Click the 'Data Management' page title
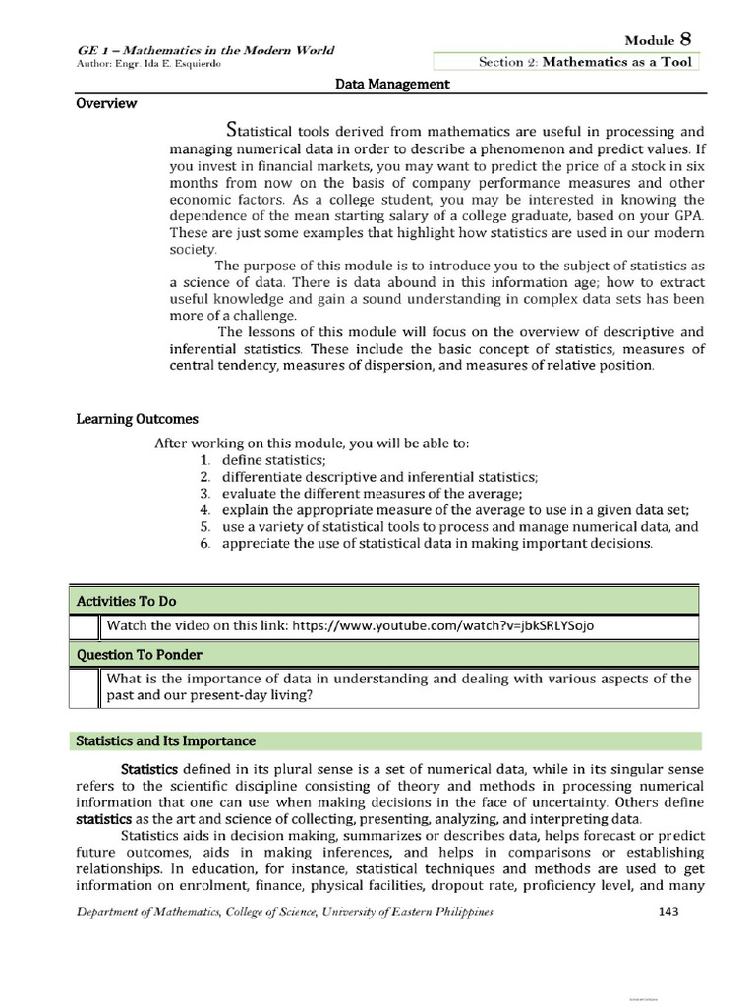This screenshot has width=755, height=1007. [x=392, y=85]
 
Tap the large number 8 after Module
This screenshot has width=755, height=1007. [x=685, y=38]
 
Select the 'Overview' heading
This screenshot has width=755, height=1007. [x=106, y=103]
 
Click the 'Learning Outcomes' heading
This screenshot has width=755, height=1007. [x=137, y=419]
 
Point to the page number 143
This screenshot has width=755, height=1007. [x=668, y=912]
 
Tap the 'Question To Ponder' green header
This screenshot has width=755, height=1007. [x=134, y=654]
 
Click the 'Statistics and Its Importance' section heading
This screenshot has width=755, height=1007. [x=166, y=740]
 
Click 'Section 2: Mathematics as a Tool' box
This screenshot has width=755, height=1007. [x=585, y=62]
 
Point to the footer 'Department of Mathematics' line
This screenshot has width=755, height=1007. [x=285, y=913]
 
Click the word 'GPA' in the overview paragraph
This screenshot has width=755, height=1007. [x=685, y=215]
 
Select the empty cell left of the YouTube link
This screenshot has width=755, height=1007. [x=84, y=626]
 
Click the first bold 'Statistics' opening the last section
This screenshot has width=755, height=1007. [x=148, y=768]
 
